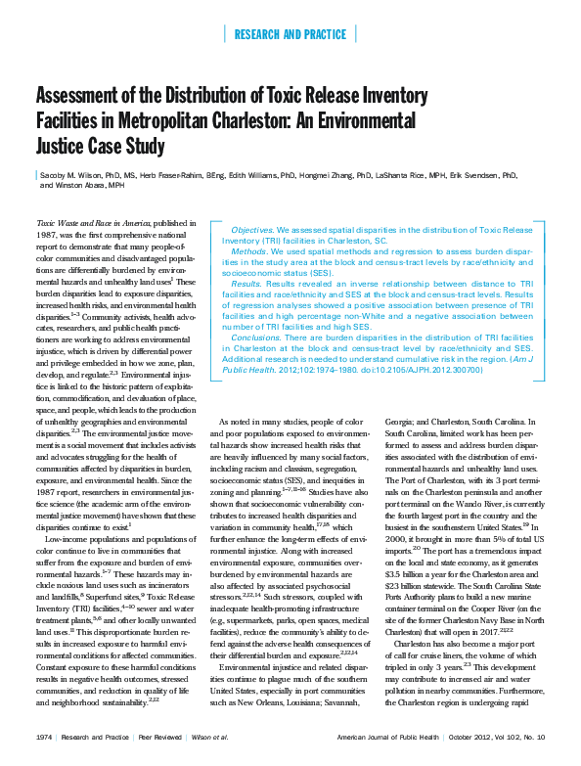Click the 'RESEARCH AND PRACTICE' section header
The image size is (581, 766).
290,35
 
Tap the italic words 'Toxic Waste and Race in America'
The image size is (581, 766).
93,224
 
